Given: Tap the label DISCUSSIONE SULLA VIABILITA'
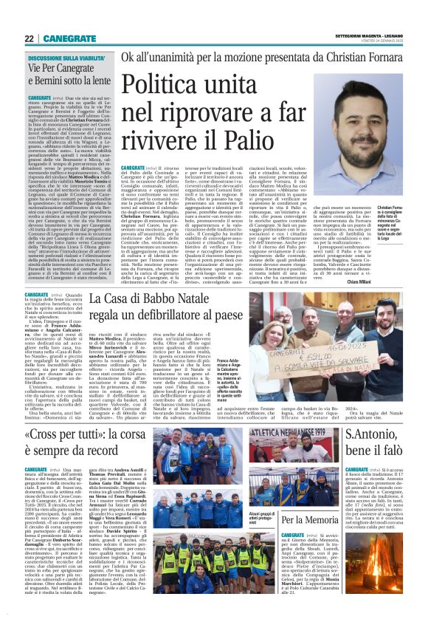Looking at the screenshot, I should (x=67, y=56).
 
